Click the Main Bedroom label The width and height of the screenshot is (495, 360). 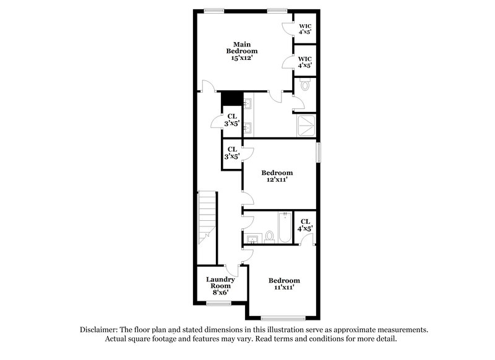coord(241,47)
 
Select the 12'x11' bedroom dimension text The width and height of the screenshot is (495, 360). coord(277,179)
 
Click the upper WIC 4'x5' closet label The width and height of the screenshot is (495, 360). coord(305,28)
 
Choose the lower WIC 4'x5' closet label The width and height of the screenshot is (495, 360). coord(305,61)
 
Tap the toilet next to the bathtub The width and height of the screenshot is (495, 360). coord(270,236)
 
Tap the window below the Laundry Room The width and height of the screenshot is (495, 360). coord(218,303)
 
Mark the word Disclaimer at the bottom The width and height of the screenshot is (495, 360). coord(102,330)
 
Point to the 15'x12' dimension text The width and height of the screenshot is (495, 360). coord(241,58)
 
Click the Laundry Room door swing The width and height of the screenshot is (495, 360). coord(233,270)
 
